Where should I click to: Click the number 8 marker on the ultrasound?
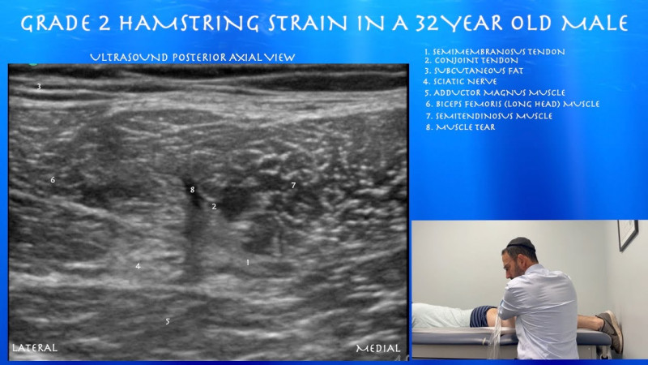click(193, 190)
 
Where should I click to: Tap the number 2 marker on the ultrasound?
click(214, 206)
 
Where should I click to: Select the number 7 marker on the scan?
click(293, 186)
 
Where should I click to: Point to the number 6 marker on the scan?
click(53, 179)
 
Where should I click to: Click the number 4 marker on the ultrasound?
click(138, 265)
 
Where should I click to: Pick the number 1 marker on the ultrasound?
click(247, 262)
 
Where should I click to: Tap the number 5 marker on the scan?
click(168, 321)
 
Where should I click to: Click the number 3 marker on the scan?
click(38, 87)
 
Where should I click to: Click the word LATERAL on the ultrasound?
click(35, 348)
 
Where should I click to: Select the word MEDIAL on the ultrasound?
click(378, 349)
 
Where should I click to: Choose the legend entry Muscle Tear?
click(463, 127)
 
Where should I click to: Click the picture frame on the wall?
click(627, 234)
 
